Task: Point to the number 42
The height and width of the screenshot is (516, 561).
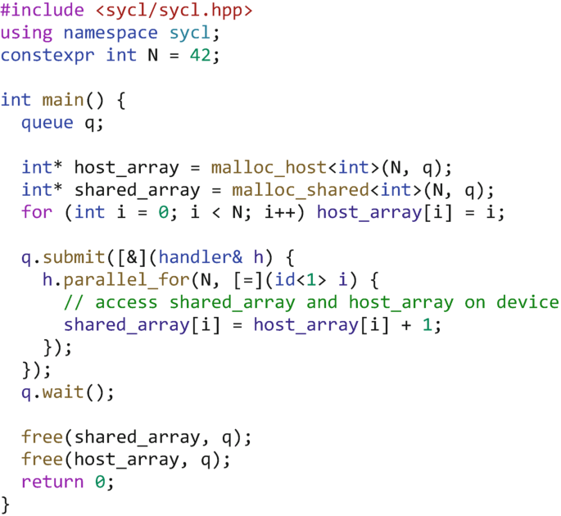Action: click(201, 56)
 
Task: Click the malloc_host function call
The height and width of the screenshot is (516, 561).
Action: click(268, 168)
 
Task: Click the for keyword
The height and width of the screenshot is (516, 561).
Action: click(37, 212)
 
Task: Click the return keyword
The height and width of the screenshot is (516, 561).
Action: click(52, 482)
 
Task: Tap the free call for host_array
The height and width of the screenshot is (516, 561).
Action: click(42, 459)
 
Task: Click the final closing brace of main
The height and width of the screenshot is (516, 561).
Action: click(6, 503)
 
